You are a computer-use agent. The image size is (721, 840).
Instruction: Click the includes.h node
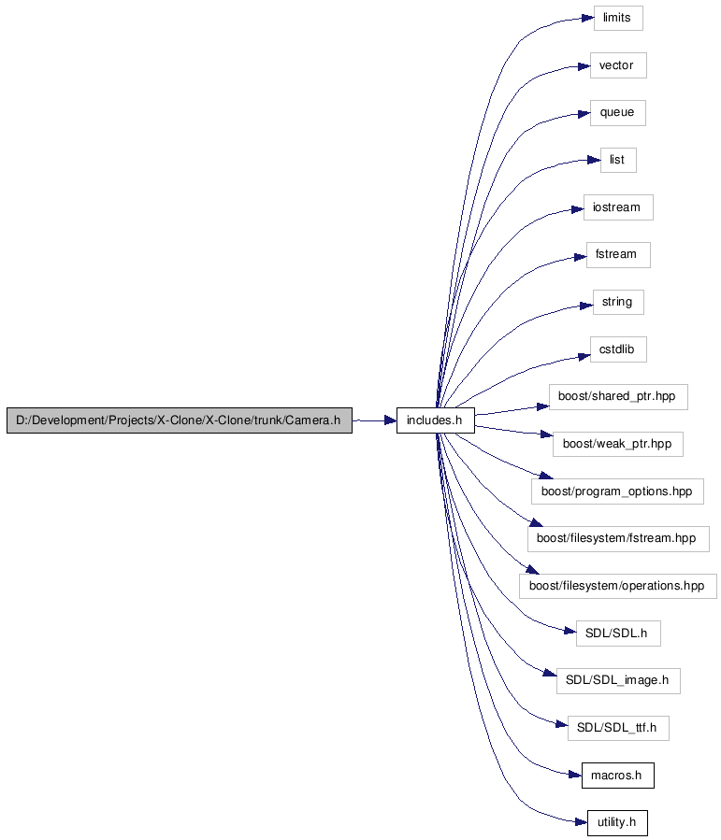pos(435,420)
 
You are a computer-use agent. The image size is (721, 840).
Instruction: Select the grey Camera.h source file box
pos(180,420)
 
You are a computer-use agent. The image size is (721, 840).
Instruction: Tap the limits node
pos(618,18)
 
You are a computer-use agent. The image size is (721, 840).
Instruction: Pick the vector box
pos(618,65)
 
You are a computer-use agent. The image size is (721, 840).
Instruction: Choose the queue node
pos(617,113)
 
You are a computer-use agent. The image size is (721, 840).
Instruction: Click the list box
pos(618,160)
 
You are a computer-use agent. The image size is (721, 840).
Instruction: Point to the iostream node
pos(618,207)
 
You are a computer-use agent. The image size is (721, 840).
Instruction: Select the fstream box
pos(618,255)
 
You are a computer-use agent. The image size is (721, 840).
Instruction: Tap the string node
pos(618,302)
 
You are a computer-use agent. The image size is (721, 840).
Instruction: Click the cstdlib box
pos(618,349)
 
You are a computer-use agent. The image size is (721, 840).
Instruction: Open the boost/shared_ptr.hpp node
pos(618,397)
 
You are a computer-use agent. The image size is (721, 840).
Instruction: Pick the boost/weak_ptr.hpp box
pos(617,444)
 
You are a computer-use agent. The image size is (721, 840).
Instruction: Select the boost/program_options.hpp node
pos(617,491)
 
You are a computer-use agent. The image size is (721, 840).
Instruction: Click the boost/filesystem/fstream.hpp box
pos(618,539)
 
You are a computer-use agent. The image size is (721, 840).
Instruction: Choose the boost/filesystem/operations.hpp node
pos(617,586)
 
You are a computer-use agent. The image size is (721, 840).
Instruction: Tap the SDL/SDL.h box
pos(618,634)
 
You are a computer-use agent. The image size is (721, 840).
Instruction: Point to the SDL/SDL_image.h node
pos(618,681)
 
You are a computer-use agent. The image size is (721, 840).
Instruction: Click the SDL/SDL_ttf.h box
pos(618,728)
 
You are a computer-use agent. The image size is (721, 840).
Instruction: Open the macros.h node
pos(617,776)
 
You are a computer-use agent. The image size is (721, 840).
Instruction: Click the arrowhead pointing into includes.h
pos(390,420)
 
